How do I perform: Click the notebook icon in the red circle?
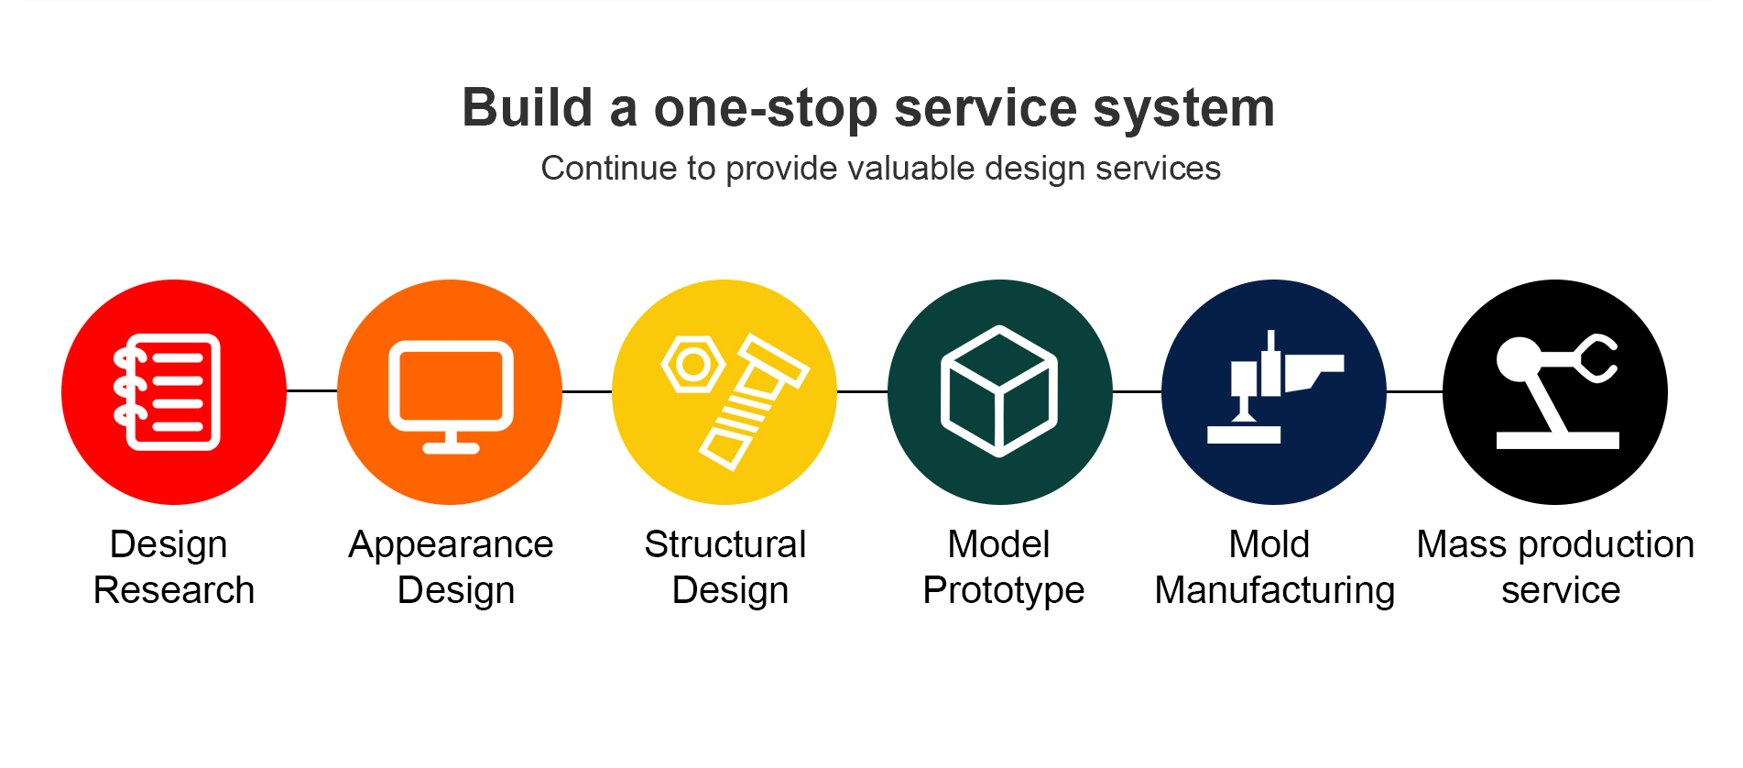(167, 392)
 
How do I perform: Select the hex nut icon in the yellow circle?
(693, 365)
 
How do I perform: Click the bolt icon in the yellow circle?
(754, 402)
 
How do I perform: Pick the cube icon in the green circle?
(999, 391)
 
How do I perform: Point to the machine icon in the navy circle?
(1274, 389)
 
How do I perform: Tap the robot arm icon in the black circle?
(1556, 391)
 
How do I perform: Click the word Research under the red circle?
(174, 590)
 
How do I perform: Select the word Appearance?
(451, 545)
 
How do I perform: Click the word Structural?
(725, 544)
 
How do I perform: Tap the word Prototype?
(1004, 591)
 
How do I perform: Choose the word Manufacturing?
(1275, 591)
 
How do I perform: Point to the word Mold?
(1269, 544)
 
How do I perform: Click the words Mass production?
(1555, 545)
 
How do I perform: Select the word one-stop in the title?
(766, 108)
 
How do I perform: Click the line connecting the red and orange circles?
(311, 391)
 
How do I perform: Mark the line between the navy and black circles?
(1414, 391)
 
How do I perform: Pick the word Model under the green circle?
(998, 544)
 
